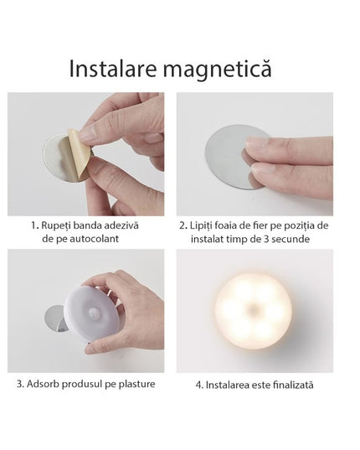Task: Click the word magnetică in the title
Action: (222, 67)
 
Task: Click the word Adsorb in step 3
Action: (53, 384)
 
